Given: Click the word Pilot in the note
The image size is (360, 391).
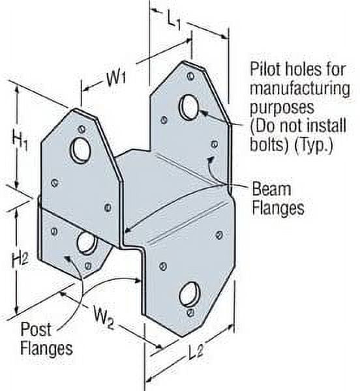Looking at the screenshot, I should (x=264, y=68).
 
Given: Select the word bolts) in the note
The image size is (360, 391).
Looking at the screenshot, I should (x=266, y=145).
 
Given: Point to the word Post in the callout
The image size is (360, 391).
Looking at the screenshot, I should (x=37, y=328).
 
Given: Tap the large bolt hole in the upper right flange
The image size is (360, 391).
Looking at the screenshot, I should (x=190, y=106).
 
